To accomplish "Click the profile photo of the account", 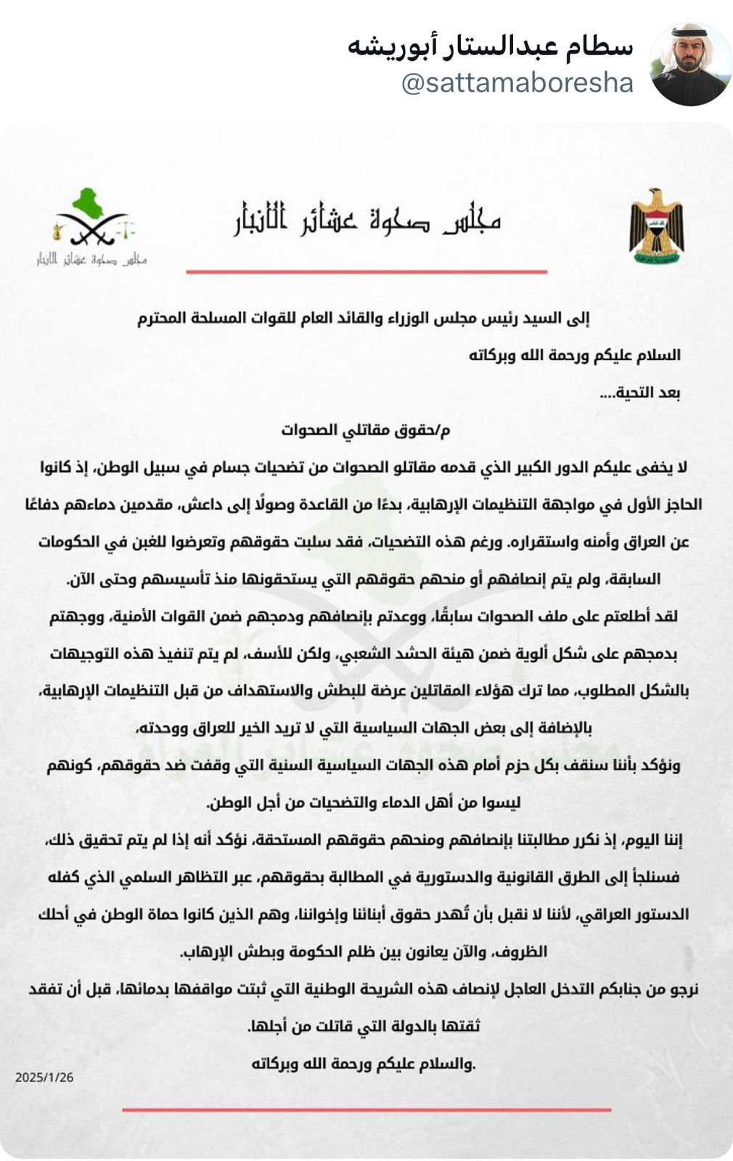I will [x=690, y=65].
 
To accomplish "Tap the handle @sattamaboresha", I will [x=517, y=83].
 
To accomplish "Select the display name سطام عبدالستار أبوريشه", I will [x=491, y=46].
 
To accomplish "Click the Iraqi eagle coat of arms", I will [x=656, y=226].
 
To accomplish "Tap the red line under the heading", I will [x=366, y=271].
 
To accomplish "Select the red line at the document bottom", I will [x=366, y=1109].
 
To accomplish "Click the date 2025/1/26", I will [x=44, y=1078].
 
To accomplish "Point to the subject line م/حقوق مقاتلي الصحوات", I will [x=366, y=430].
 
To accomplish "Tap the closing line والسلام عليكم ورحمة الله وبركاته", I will [x=363, y=1064].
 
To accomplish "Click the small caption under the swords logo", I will [x=92, y=259].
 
